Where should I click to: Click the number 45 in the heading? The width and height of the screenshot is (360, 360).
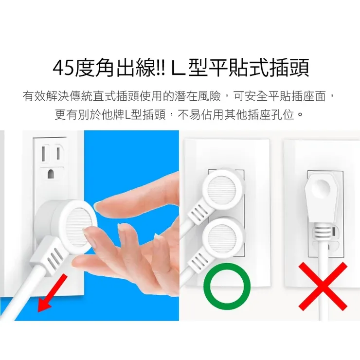[64, 69]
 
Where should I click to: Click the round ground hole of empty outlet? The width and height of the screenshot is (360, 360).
[51, 173]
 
